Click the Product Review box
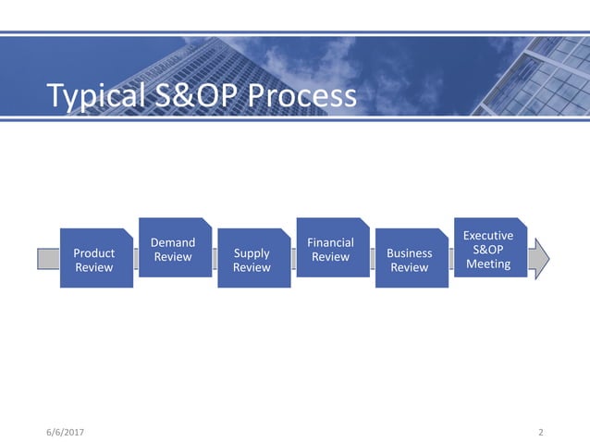95,258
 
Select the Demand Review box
174,248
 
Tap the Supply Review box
252,258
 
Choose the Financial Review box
331,248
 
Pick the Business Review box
411,258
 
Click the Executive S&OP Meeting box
489,248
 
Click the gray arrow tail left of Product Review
48,258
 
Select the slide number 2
541,432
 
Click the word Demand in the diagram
173,243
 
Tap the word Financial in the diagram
330,243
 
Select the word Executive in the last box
488,236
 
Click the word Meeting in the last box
488,264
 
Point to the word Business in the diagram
410,253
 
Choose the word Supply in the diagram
252,253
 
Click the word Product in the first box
94,253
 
